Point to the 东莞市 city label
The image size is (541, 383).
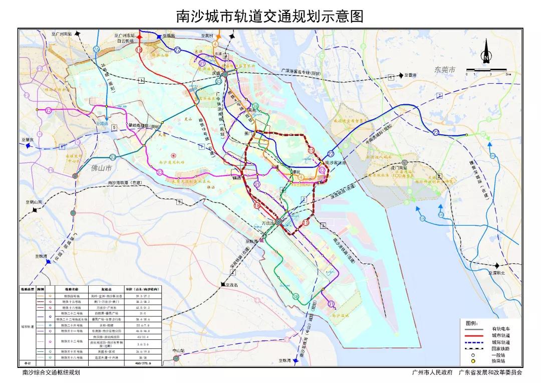point(445,70)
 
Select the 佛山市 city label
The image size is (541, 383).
point(103,169)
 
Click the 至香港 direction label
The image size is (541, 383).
point(411,75)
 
